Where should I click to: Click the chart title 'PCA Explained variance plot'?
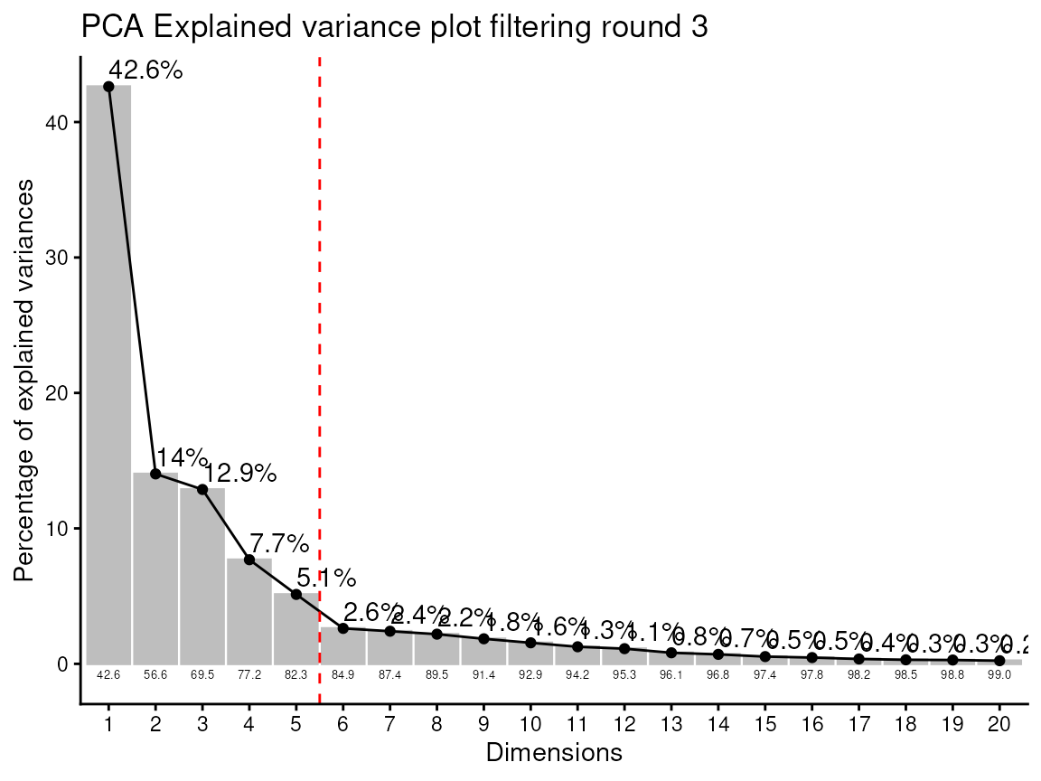tap(394, 27)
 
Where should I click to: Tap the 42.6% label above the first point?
tap(145, 71)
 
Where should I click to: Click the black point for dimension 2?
tap(155, 474)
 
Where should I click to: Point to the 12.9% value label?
tap(239, 473)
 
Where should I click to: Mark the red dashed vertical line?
tap(320, 362)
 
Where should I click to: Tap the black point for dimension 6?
tap(343, 628)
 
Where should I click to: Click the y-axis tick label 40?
tap(57, 122)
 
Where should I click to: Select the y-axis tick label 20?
tap(57, 393)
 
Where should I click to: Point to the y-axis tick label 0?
tap(62, 664)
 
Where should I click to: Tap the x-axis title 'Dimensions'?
tap(554, 752)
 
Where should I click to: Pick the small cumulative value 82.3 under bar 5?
tap(296, 674)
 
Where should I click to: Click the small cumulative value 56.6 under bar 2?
tap(155, 674)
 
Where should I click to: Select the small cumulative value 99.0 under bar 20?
tap(999, 674)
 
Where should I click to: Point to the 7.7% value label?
tap(279, 544)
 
